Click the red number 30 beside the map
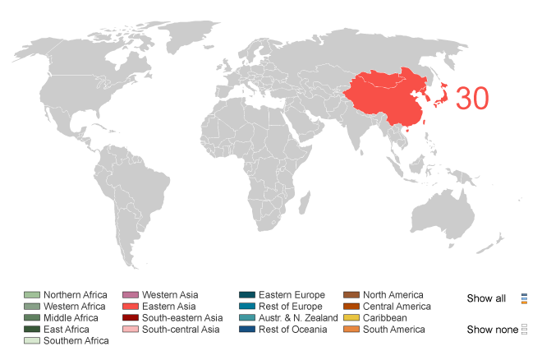pos(472,99)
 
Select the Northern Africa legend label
pos(76,295)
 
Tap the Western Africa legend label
pos(75,307)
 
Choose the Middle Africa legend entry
pos(71,318)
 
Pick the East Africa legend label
pos(67,330)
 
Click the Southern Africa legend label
pos(76,341)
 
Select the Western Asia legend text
pos(170,295)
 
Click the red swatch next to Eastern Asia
pos(130,307)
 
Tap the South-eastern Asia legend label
pos(182,318)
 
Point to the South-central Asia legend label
pos(181,330)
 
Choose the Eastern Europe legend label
pos(292,295)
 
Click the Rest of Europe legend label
pos(292,307)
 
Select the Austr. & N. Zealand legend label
pos(298,318)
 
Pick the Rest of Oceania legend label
pos(293,330)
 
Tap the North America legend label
pos(393,295)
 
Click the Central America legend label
pos(397,307)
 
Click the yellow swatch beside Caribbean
pos(351,318)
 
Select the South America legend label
pos(394,330)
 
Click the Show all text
pos(486,298)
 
